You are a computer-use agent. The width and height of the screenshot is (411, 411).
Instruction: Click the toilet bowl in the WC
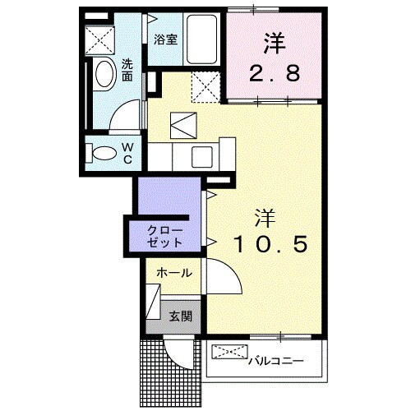tap(102, 153)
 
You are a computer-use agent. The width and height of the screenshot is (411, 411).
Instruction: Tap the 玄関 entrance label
tap(181, 315)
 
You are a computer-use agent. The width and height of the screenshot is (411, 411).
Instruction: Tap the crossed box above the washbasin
tap(103, 38)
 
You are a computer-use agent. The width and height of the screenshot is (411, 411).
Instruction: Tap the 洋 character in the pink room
tap(274, 39)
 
